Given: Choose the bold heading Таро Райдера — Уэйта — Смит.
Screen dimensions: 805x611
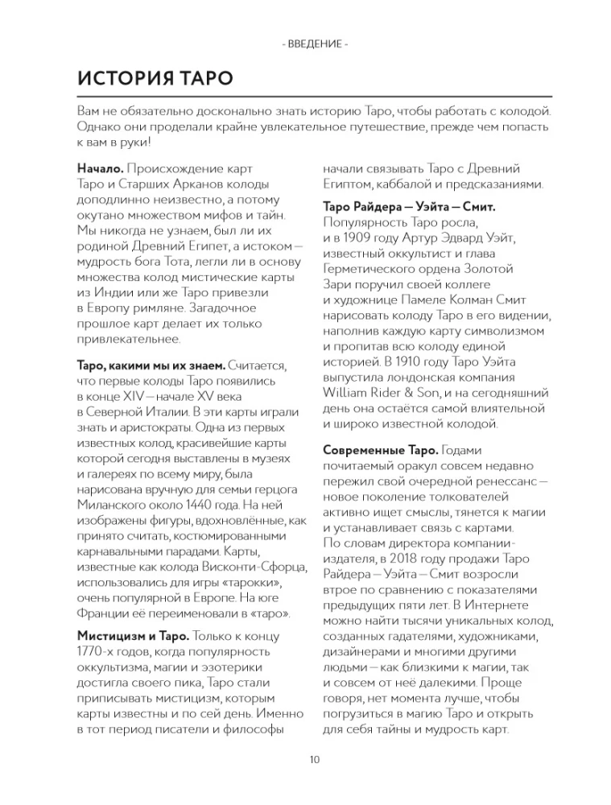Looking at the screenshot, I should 408,207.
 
